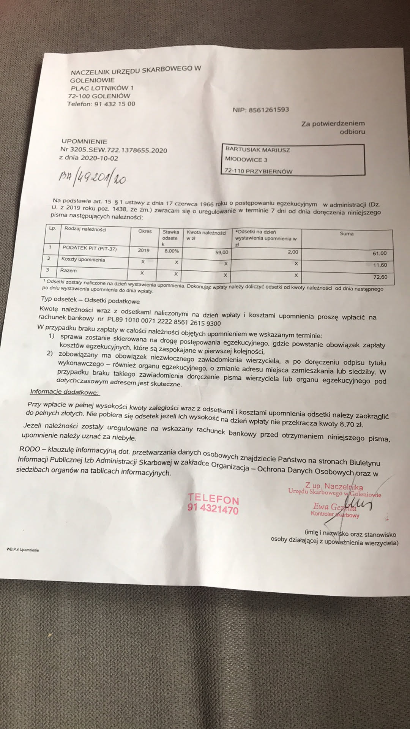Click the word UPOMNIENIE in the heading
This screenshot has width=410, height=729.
[x=84, y=141]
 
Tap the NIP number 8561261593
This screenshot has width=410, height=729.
[x=268, y=110]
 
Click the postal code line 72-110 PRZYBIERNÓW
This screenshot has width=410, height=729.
[x=259, y=171]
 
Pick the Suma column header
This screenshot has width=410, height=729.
[x=347, y=234]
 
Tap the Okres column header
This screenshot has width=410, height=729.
[x=145, y=231]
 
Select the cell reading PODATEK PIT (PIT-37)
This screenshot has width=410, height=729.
[x=90, y=249]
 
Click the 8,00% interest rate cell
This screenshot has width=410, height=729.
[x=171, y=251]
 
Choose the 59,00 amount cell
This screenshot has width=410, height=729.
[x=222, y=252]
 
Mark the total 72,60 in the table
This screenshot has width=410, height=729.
[x=380, y=277]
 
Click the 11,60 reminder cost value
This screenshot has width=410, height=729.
[x=380, y=265]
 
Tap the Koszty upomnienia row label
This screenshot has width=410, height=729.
[x=83, y=260]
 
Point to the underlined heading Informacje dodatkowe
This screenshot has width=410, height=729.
[x=64, y=392]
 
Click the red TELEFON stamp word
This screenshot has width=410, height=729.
[x=213, y=499]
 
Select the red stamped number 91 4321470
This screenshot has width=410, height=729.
[x=213, y=509]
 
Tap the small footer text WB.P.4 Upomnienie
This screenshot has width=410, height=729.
[x=22, y=550]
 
